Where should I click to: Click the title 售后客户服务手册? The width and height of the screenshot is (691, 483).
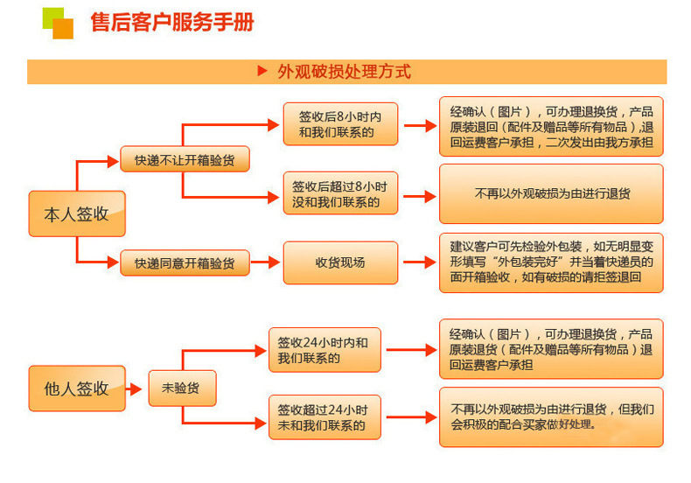172,22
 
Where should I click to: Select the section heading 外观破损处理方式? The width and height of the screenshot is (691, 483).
344,72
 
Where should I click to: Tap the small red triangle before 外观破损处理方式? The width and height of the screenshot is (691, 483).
262,71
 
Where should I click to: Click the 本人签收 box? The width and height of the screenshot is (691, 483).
77,213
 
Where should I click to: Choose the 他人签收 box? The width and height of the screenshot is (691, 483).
77,388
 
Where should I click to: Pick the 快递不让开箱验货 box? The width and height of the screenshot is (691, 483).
185,160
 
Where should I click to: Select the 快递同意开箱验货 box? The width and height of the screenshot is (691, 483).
185,262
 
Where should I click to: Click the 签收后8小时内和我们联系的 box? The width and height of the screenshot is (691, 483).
340,124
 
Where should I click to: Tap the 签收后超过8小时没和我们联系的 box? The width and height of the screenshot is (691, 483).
340,193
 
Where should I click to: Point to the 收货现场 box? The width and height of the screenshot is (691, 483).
340,262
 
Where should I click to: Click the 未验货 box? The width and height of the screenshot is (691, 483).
180,388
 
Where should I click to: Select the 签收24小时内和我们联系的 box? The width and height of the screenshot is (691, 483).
325,350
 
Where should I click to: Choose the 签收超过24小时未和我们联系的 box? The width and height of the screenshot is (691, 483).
325,416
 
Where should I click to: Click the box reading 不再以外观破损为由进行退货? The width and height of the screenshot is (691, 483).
551,193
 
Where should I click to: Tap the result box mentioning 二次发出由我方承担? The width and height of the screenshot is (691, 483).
551,126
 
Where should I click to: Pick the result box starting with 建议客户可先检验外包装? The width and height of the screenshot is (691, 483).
551,262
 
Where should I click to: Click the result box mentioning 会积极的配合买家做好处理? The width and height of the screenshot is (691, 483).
551,416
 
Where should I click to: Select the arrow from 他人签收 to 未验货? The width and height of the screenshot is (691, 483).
136,388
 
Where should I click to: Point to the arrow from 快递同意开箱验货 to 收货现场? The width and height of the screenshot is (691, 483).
266,262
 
